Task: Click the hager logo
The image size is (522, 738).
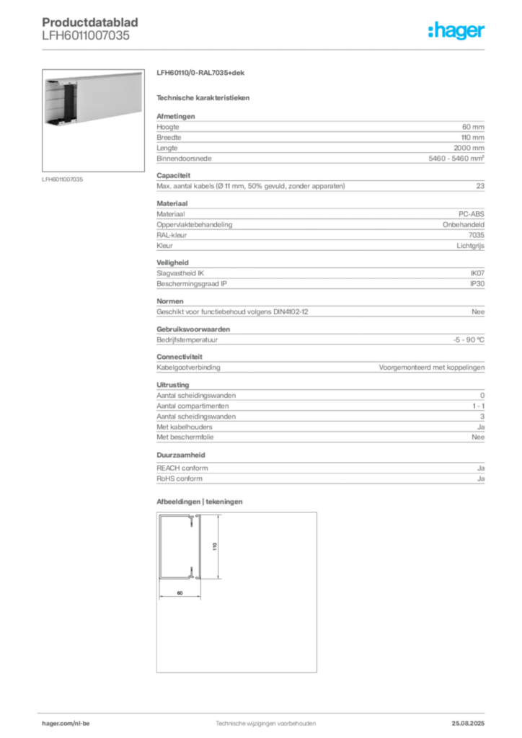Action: [456, 30]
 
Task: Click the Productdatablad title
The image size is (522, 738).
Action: [90, 22]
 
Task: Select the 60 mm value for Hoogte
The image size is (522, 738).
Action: [472, 127]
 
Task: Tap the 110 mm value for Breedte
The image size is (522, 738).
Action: [472, 138]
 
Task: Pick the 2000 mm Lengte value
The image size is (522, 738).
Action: [469, 148]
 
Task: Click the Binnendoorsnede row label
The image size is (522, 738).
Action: [184, 159]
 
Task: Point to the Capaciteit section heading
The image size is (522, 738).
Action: [174, 176]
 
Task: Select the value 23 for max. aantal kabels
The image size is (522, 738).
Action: [480, 186]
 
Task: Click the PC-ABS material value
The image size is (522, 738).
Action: [471, 213]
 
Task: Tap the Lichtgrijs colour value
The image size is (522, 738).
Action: [470, 246]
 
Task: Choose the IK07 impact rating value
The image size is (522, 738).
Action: [477, 273]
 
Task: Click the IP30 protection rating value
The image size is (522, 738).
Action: [477, 284]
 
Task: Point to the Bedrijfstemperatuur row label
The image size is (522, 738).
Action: [187, 340]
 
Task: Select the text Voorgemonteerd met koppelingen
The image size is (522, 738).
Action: [432, 367]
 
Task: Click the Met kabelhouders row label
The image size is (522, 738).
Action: [185, 427]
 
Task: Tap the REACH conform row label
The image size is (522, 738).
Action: [182, 468]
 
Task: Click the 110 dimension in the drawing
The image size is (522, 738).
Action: [215, 546]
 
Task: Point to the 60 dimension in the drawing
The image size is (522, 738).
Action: [180, 593]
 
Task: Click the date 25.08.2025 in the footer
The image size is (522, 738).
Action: [468, 724]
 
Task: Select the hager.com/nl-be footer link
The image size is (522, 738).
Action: [66, 724]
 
